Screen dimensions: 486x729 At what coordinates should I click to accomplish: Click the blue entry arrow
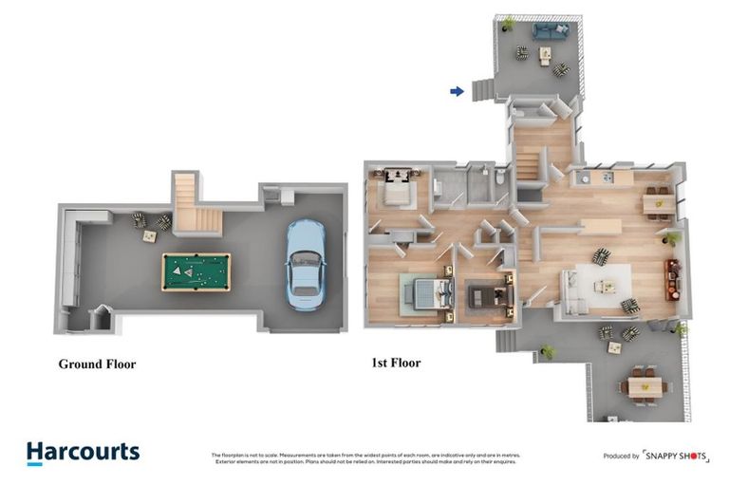[457, 91]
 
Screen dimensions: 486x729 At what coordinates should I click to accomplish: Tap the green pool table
[196, 271]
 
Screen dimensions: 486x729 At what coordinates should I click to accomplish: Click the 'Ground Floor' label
[97, 364]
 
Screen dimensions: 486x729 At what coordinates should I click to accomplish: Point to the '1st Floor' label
[396, 363]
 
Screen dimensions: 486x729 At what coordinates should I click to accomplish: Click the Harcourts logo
[83, 453]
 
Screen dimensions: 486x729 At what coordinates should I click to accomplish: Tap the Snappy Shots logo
[675, 456]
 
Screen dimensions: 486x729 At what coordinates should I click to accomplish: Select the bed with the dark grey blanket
[486, 294]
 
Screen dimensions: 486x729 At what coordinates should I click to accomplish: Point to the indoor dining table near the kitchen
[657, 201]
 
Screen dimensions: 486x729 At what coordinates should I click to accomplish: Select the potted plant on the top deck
[509, 23]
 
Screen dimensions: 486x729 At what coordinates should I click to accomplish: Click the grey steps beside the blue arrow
[481, 88]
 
